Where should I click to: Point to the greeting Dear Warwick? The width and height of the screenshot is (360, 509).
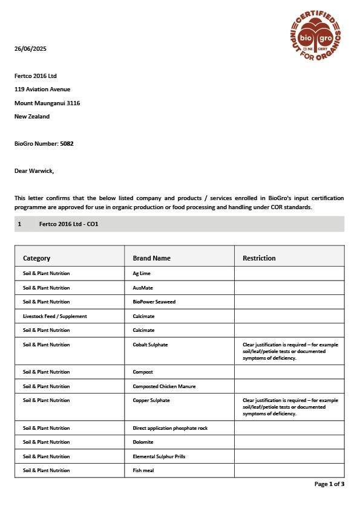[34, 171]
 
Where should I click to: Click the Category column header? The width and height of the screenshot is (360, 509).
[36, 258]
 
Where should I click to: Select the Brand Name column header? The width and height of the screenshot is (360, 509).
[151, 258]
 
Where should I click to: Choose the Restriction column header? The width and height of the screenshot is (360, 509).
[259, 258]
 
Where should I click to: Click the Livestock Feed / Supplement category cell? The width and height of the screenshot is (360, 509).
[55, 316]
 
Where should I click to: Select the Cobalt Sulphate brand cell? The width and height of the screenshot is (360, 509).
[150, 345]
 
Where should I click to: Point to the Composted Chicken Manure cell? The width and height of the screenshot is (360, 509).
[164, 386]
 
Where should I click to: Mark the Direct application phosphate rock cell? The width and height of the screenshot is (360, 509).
[170, 428]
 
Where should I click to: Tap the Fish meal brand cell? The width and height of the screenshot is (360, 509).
[143, 470]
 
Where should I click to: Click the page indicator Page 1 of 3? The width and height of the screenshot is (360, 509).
[329, 484]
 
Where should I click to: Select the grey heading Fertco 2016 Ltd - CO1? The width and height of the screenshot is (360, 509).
[68, 224]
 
